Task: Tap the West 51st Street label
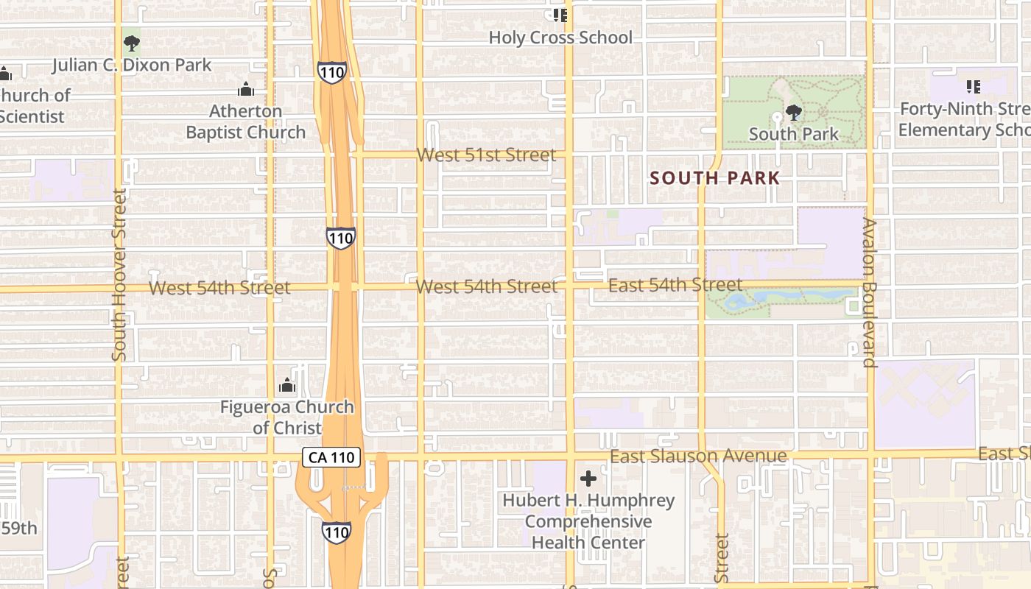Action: pyautogui.click(x=486, y=155)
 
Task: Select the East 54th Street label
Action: pyautogui.click(x=675, y=285)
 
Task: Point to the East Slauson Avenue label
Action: pyautogui.click(x=698, y=456)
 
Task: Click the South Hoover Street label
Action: pyautogui.click(x=119, y=275)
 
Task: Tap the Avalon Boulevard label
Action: pyautogui.click(x=870, y=292)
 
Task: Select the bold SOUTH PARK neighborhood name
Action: pyautogui.click(x=715, y=178)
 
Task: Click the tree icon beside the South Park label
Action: pyautogui.click(x=793, y=113)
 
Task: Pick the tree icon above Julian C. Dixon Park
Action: pyautogui.click(x=132, y=43)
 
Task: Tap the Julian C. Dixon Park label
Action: pyautogui.click(x=132, y=65)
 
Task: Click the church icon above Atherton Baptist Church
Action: pyautogui.click(x=246, y=90)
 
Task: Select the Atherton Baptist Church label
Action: pyautogui.click(x=246, y=122)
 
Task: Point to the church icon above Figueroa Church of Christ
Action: pyautogui.click(x=287, y=385)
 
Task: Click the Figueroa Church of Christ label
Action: pyautogui.click(x=287, y=417)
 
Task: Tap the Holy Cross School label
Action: pyautogui.click(x=560, y=38)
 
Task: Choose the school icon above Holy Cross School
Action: pyautogui.click(x=560, y=15)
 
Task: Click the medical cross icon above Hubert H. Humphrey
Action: pyautogui.click(x=588, y=479)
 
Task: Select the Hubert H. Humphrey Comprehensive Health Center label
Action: pyautogui.click(x=588, y=521)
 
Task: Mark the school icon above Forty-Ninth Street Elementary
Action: pyautogui.click(x=974, y=87)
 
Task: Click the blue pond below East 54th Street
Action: pyautogui.click(x=773, y=297)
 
